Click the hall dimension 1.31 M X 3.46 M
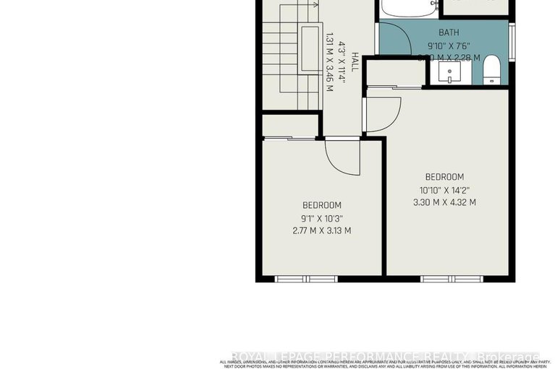point(329,63)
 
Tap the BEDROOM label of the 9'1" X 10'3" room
point(322,206)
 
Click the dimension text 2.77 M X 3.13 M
point(322,231)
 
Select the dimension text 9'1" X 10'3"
point(322,218)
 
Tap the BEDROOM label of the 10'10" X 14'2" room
point(444,177)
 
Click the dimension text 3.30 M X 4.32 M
point(444,202)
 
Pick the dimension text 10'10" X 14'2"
point(444,190)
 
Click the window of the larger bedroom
point(441,279)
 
